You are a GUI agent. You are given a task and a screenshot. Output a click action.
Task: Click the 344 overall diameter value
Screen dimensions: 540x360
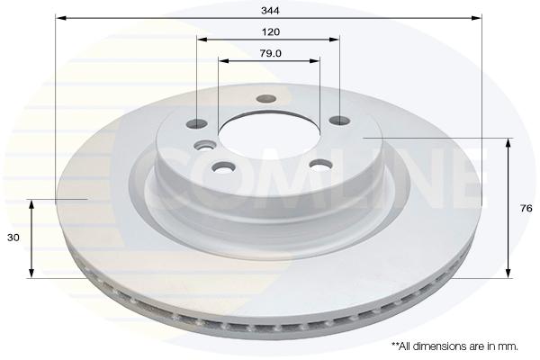pyautogui.click(x=270, y=11)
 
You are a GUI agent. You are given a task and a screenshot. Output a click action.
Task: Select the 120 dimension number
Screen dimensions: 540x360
pyautogui.click(x=271, y=32)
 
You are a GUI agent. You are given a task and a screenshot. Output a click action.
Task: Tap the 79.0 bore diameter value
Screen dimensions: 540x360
pyautogui.click(x=271, y=53)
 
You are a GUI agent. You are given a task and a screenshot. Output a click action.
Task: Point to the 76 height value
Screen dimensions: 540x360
pyautogui.click(x=526, y=209)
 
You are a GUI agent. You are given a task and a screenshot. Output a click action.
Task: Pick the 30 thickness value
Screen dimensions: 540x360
pyautogui.click(x=13, y=238)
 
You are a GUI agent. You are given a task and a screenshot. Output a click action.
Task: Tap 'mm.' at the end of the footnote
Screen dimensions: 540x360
pyautogui.click(x=509, y=346)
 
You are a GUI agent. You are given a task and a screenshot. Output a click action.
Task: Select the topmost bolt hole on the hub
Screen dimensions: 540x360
pyautogui.click(x=266, y=99)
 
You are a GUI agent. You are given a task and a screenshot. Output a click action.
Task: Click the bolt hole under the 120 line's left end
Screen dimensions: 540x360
pyautogui.click(x=196, y=123)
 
